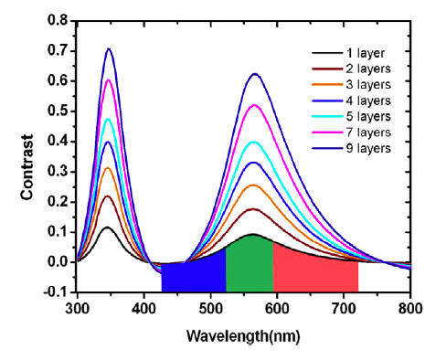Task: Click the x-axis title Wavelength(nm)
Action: coord(243,334)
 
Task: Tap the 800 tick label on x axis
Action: coord(410,309)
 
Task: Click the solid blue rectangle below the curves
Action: coord(194,277)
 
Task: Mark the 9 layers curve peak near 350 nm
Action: coord(109,49)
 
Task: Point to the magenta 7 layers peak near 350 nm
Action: coord(109,80)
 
